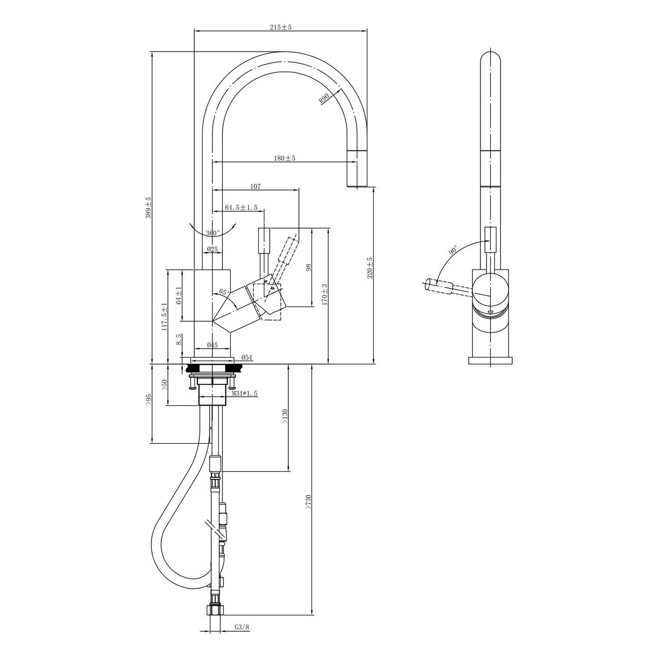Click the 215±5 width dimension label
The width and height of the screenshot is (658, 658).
[x=281, y=27]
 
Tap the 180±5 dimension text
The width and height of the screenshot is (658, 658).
[x=285, y=158]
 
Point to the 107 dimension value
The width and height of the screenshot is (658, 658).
[x=255, y=186]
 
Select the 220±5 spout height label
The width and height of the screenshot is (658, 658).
[x=370, y=268]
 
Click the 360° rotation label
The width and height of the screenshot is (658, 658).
[x=213, y=232]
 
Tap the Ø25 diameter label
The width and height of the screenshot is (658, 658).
[x=212, y=249]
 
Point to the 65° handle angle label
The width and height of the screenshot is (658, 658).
[x=224, y=292]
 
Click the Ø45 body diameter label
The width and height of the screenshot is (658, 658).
[x=212, y=345]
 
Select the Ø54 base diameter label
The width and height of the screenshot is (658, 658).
[x=246, y=358]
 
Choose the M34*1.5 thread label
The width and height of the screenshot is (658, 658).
[x=245, y=394]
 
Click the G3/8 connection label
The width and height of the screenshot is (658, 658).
[x=242, y=627]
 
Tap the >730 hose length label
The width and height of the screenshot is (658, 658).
[x=308, y=502]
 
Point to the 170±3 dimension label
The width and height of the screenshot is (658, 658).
[x=325, y=294]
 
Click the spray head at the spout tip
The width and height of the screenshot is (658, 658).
[x=356, y=169]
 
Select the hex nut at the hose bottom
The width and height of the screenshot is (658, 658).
[x=215, y=610]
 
